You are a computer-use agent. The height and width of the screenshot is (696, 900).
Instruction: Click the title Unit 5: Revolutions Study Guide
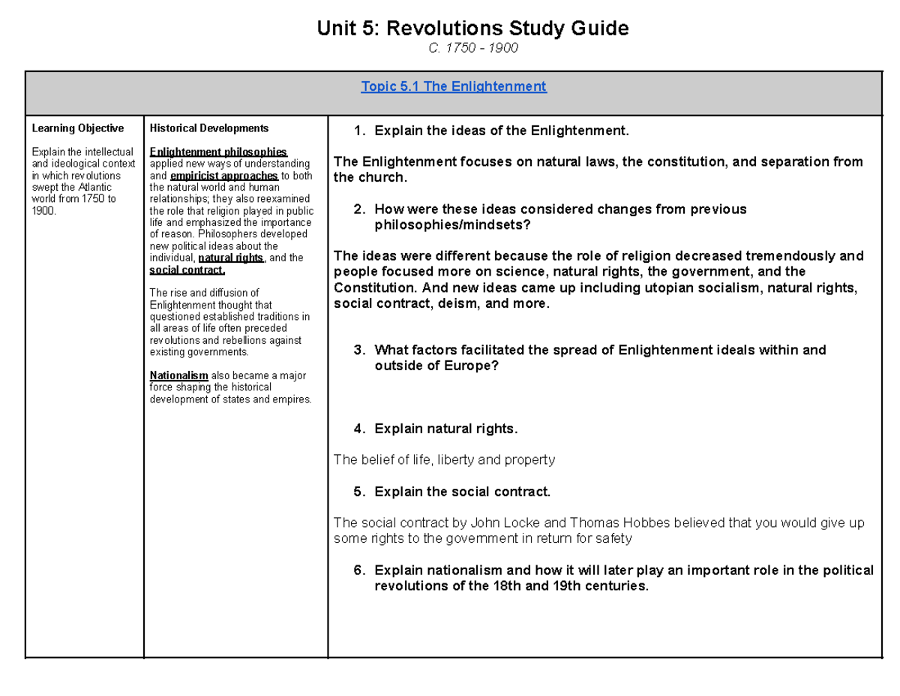tap(472, 29)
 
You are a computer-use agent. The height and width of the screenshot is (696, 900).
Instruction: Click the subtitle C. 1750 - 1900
tap(472, 49)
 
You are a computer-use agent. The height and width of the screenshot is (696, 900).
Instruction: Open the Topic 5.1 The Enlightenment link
tap(454, 87)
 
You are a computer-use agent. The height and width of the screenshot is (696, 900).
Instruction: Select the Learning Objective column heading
tap(77, 129)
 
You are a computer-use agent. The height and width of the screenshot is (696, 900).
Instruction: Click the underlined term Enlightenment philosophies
tap(218, 152)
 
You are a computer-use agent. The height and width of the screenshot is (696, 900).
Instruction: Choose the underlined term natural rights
tap(230, 258)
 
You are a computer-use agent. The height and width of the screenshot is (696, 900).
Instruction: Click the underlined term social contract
tap(187, 270)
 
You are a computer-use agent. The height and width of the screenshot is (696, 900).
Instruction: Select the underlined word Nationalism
tap(178, 375)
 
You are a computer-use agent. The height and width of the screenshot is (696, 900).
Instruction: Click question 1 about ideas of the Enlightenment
tap(499, 131)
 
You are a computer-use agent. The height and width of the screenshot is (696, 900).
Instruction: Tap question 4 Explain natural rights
tap(445, 429)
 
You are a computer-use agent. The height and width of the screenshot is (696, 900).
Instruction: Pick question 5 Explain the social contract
tap(462, 493)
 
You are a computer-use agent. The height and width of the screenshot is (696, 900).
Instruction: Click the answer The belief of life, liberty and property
tap(444, 459)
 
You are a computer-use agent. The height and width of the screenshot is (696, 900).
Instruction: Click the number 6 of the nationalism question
tap(358, 571)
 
